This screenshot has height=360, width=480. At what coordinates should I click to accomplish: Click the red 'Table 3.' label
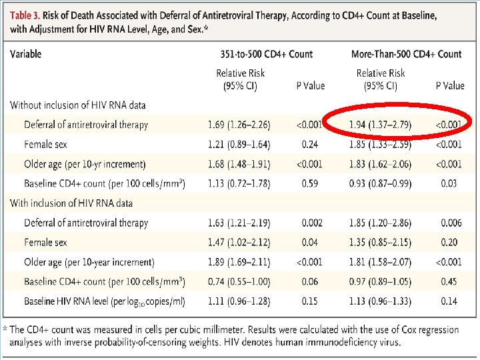(25, 15)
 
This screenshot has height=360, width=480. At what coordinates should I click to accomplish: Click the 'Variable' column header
(26, 54)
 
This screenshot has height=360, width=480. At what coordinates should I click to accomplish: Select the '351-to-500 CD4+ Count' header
(267, 54)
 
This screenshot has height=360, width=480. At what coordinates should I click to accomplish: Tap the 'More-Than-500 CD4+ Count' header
(406, 54)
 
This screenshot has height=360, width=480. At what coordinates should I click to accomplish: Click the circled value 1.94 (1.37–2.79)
(380, 125)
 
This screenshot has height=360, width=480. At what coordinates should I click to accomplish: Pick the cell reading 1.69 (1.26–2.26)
(239, 125)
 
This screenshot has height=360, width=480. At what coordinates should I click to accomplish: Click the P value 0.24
(310, 144)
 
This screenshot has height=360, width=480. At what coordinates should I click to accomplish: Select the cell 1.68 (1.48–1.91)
(239, 164)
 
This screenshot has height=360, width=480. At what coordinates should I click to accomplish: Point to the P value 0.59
(310, 183)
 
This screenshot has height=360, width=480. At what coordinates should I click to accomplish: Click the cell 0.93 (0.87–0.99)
(380, 184)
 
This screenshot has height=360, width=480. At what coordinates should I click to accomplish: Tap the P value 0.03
(449, 183)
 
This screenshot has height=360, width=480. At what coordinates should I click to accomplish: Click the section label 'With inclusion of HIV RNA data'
(71, 203)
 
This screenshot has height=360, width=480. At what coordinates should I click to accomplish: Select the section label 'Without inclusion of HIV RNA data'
(77, 105)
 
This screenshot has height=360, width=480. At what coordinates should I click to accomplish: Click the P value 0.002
(312, 223)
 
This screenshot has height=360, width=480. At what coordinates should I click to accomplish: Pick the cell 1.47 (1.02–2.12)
(239, 243)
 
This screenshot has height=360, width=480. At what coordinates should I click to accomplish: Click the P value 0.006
(451, 223)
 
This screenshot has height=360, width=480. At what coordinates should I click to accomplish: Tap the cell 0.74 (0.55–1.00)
(239, 281)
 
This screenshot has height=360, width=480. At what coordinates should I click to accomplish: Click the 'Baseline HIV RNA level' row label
(66, 301)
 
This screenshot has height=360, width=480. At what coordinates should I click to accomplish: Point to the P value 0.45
(449, 281)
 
